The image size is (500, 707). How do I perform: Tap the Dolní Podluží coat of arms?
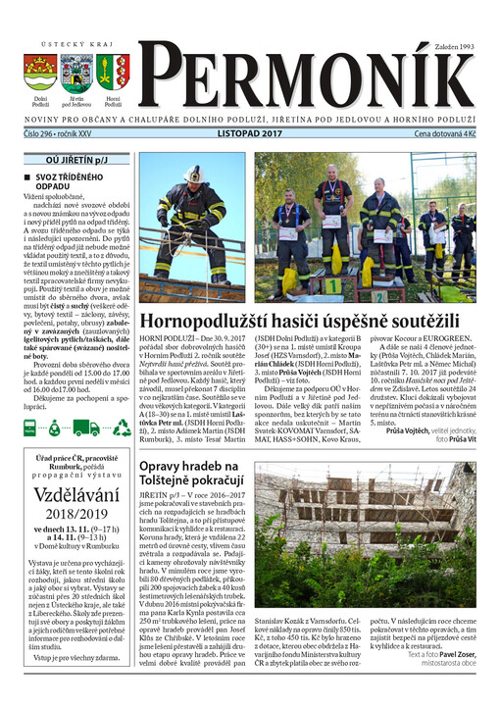tap(40, 73)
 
